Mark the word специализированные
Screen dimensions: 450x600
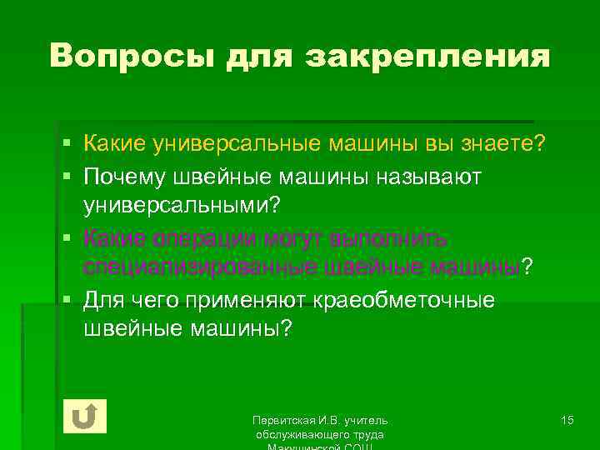click(x=190, y=267)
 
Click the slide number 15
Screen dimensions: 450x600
click(x=567, y=419)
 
